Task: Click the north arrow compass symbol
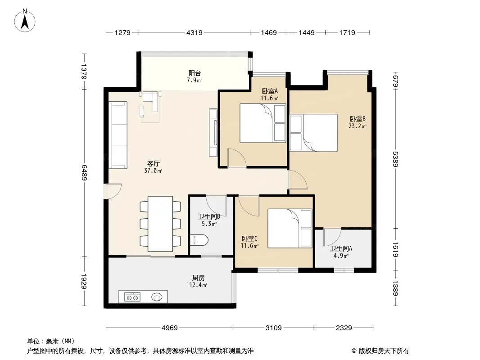[x=25, y=21]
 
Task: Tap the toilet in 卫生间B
[x=199, y=240]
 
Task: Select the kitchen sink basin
[x=157, y=297]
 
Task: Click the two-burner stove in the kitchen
[x=132, y=297]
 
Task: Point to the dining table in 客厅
[x=160, y=224]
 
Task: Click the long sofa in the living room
[x=118, y=135]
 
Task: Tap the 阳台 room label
[x=195, y=73]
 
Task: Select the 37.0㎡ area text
[x=153, y=171]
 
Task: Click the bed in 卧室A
[x=263, y=123]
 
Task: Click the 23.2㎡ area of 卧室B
[x=358, y=126]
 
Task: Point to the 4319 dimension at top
[x=195, y=32]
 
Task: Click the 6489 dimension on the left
[x=84, y=173]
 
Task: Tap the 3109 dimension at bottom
[x=274, y=328]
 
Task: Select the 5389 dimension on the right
[x=395, y=159]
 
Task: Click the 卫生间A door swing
[x=332, y=237]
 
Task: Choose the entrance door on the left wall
[x=112, y=191]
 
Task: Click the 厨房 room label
[x=199, y=278]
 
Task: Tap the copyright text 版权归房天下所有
[x=383, y=351]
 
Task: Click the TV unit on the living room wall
[x=213, y=133]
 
